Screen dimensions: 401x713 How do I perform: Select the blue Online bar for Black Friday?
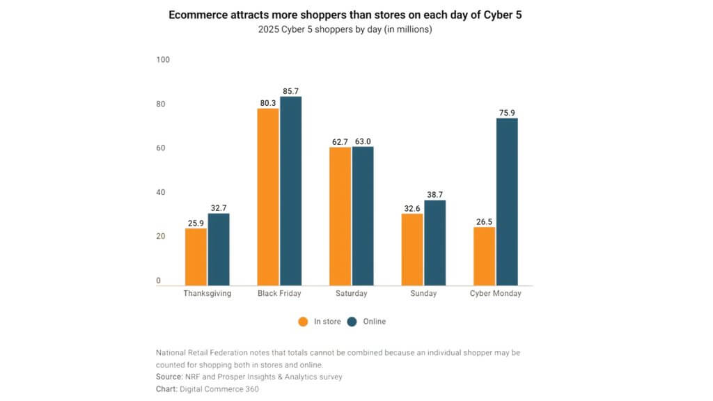[290, 191]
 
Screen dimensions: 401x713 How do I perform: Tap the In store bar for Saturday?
[340, 216]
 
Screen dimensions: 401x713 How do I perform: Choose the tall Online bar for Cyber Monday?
[507, 201]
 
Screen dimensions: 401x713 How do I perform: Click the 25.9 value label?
[196, 223]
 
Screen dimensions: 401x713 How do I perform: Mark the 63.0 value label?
[363, 141]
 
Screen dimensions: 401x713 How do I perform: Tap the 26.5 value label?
[484, 221]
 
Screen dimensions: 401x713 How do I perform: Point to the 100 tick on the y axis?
[163, 60]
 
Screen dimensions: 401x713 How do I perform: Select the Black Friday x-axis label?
[279, 294]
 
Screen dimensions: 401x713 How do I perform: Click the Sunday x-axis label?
[423, 294]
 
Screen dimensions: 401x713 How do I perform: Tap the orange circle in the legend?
[303, 322]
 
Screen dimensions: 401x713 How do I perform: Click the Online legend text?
[374, 322]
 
